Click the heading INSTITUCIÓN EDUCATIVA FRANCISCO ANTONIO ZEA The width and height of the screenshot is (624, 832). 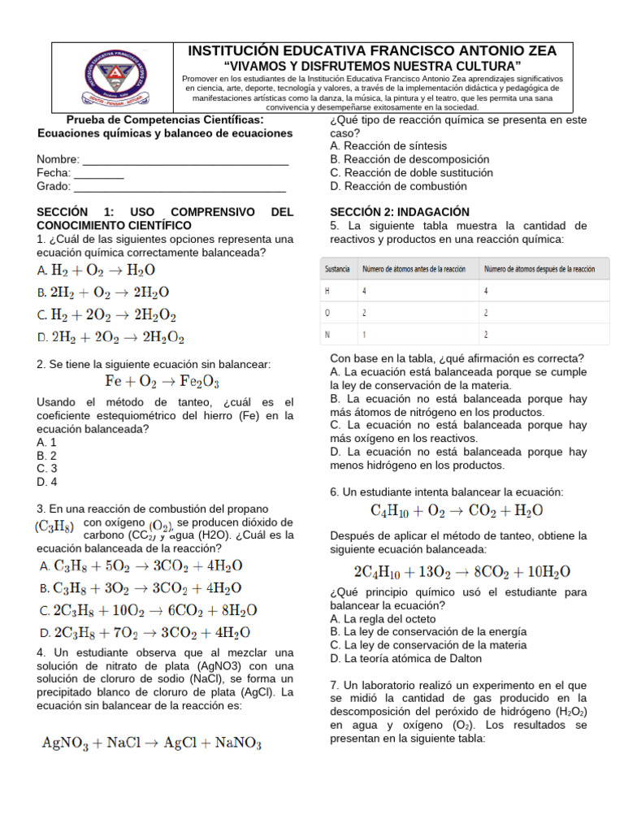pyautogui.click(x=372, y=50)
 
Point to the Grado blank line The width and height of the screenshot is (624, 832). pyautogui.click(x=180, y=187)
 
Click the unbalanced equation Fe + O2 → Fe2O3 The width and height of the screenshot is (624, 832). pyautogui.click(x=162, y=380)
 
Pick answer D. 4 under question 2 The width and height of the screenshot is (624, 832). pyautogui.click(x=47, y=481)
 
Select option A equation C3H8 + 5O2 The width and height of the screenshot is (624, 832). pyautogui.click(x=141, y=565)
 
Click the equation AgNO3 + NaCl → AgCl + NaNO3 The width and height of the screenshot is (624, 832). pyautogui.click(x=151, y=743)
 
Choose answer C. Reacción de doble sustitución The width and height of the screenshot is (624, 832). pyautogui.click(x=412, y=172)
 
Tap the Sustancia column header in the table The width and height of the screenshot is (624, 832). pyautogui.click(x=337, y=268)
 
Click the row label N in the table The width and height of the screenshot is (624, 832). pyautogui.click(x=327, y=334)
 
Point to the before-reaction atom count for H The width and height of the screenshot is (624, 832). pyautogui.click(x=364, y=290)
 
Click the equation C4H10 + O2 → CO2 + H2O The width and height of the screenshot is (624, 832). pyautogui.click(x=457, y=511)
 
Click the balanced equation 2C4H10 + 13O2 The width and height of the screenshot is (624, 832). pyautogui.click(x=461, y=571)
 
